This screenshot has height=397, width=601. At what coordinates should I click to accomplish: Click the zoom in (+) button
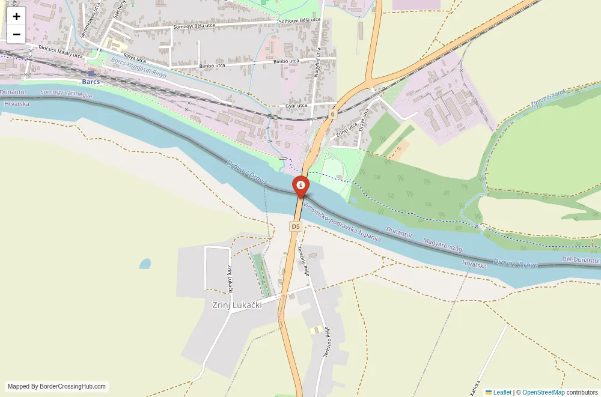(16, 16)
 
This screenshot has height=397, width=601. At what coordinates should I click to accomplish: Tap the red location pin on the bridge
(300, 186)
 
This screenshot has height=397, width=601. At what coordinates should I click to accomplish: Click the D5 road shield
(295, 226)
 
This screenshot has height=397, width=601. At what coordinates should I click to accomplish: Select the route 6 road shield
(332, 114)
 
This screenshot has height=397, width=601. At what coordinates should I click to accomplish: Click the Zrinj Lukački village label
(237, 305)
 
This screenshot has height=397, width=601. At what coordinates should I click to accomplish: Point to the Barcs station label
(91, 81)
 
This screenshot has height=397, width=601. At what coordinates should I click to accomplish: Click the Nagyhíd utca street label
(317, 64)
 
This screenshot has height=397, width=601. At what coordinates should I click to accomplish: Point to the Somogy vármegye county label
(66, 94)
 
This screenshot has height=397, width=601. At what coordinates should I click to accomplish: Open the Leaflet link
(498, 392)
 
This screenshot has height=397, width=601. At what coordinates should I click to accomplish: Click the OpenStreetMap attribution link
(543, 392)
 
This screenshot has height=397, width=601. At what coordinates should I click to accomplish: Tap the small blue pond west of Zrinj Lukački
(145, 264)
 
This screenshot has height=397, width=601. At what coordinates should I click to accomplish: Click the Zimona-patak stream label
(549, 99)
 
